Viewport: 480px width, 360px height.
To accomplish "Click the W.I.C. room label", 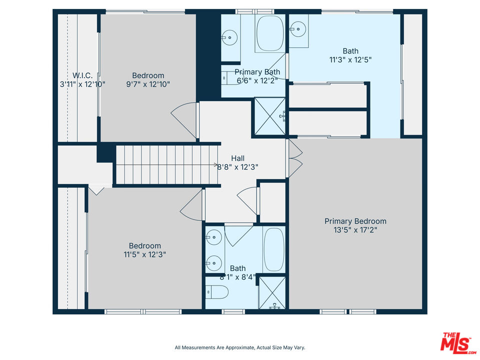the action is click(x=82, y=75).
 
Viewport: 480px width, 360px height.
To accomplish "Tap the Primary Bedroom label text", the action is click(x=355, y=221).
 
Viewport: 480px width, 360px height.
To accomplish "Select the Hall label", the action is click(x=238, y=158).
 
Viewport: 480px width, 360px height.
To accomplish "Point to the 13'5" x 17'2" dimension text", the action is click(x=355, y=230).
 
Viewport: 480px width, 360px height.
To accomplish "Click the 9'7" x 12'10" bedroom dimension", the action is click(x=148, y=84).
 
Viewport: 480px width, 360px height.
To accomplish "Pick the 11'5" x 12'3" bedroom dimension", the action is click(x=145, y=254).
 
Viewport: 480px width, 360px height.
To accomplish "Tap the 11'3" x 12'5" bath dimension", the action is click(x=350, y=59).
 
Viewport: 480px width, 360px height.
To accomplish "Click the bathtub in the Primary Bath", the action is click(x=270, y=33).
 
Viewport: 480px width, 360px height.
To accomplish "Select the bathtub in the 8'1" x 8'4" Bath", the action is click(x=273, y=249).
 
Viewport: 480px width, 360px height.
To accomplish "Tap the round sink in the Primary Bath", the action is click(x=230, y=37).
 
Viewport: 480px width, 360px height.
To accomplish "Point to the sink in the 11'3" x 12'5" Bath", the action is click(x=298, y=29).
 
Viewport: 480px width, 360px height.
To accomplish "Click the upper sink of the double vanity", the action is click(x=213, y=237).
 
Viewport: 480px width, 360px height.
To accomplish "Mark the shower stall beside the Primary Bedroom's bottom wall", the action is click(x=272, y=293).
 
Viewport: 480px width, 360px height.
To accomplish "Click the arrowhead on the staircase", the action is click(x=215, y=164).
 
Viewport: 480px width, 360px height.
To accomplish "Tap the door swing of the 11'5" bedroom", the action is click(x=191, y=205).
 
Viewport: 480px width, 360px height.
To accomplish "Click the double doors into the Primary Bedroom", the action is click(x=294, y=158).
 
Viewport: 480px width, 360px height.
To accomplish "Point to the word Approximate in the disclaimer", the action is click(x=239, y=347).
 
